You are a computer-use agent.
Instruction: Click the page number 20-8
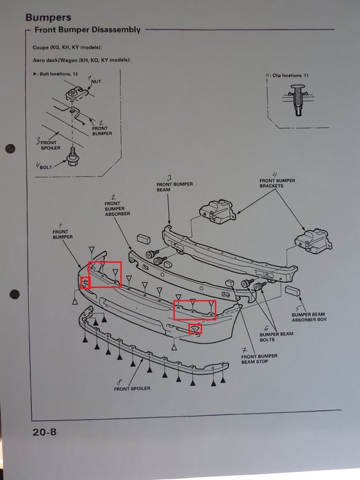click(x=44, y=432)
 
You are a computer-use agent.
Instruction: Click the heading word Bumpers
click(x=49, y=18)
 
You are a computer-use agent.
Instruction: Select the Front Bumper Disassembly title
click(x=88, y=30)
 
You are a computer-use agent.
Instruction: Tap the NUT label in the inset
click(x=96, y=82)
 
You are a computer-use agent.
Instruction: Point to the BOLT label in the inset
click(x=45, y=168)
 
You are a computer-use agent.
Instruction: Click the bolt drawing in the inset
click(x=72, y=157)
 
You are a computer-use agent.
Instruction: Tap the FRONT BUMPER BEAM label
click(x=175, y=187)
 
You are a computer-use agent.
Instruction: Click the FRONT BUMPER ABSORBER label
click(x=117, y=209)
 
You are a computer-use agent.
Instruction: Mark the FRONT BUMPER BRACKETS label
click(x=277, y=184)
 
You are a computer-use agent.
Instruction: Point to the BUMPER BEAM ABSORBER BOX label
click(x=309, y=317)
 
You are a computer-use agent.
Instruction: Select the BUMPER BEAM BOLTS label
click(x=276, y=337)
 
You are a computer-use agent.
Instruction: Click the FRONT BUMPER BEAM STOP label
click(x=259, y=359)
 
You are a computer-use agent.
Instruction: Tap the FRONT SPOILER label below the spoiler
click(x=132, y=388)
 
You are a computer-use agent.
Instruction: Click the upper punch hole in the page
click(x=10, y=148)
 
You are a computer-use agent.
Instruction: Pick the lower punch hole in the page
click(x=15, y=294)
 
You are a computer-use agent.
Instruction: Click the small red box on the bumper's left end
click(x=85, y=282)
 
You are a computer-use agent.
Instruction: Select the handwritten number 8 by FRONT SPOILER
click(x=119, y=382)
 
